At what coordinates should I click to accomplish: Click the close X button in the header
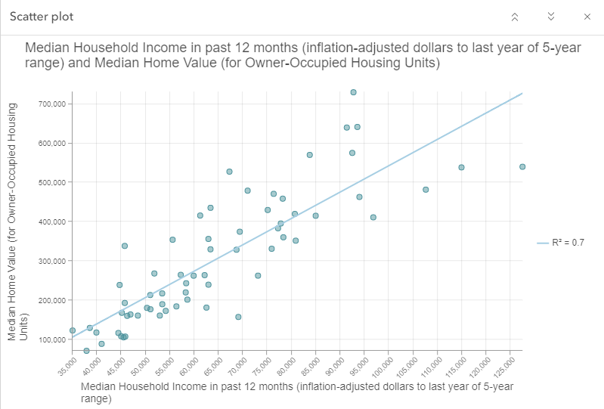(x=587, y=17)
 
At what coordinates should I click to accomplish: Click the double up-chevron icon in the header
(x=515, y=17)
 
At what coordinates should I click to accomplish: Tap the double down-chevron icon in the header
(x=551, y=17)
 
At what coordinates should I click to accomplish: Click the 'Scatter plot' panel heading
(x=42, y=17)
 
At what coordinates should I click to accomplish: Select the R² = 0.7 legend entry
(x=561, y=243)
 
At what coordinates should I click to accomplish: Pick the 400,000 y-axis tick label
(x=53, y=222)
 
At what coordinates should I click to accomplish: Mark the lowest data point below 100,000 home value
(x=86, y=351)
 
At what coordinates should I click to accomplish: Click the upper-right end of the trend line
(x=522, y=94)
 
